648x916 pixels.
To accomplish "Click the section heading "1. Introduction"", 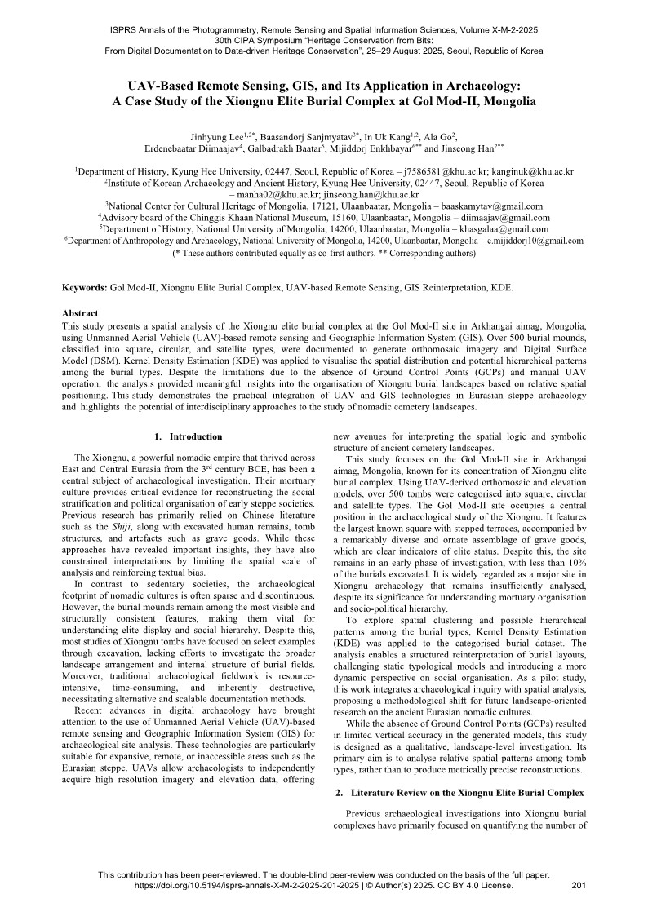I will [188, 436].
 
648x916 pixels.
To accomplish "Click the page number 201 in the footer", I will [580, 884].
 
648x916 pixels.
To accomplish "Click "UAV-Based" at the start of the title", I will [162, 85].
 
